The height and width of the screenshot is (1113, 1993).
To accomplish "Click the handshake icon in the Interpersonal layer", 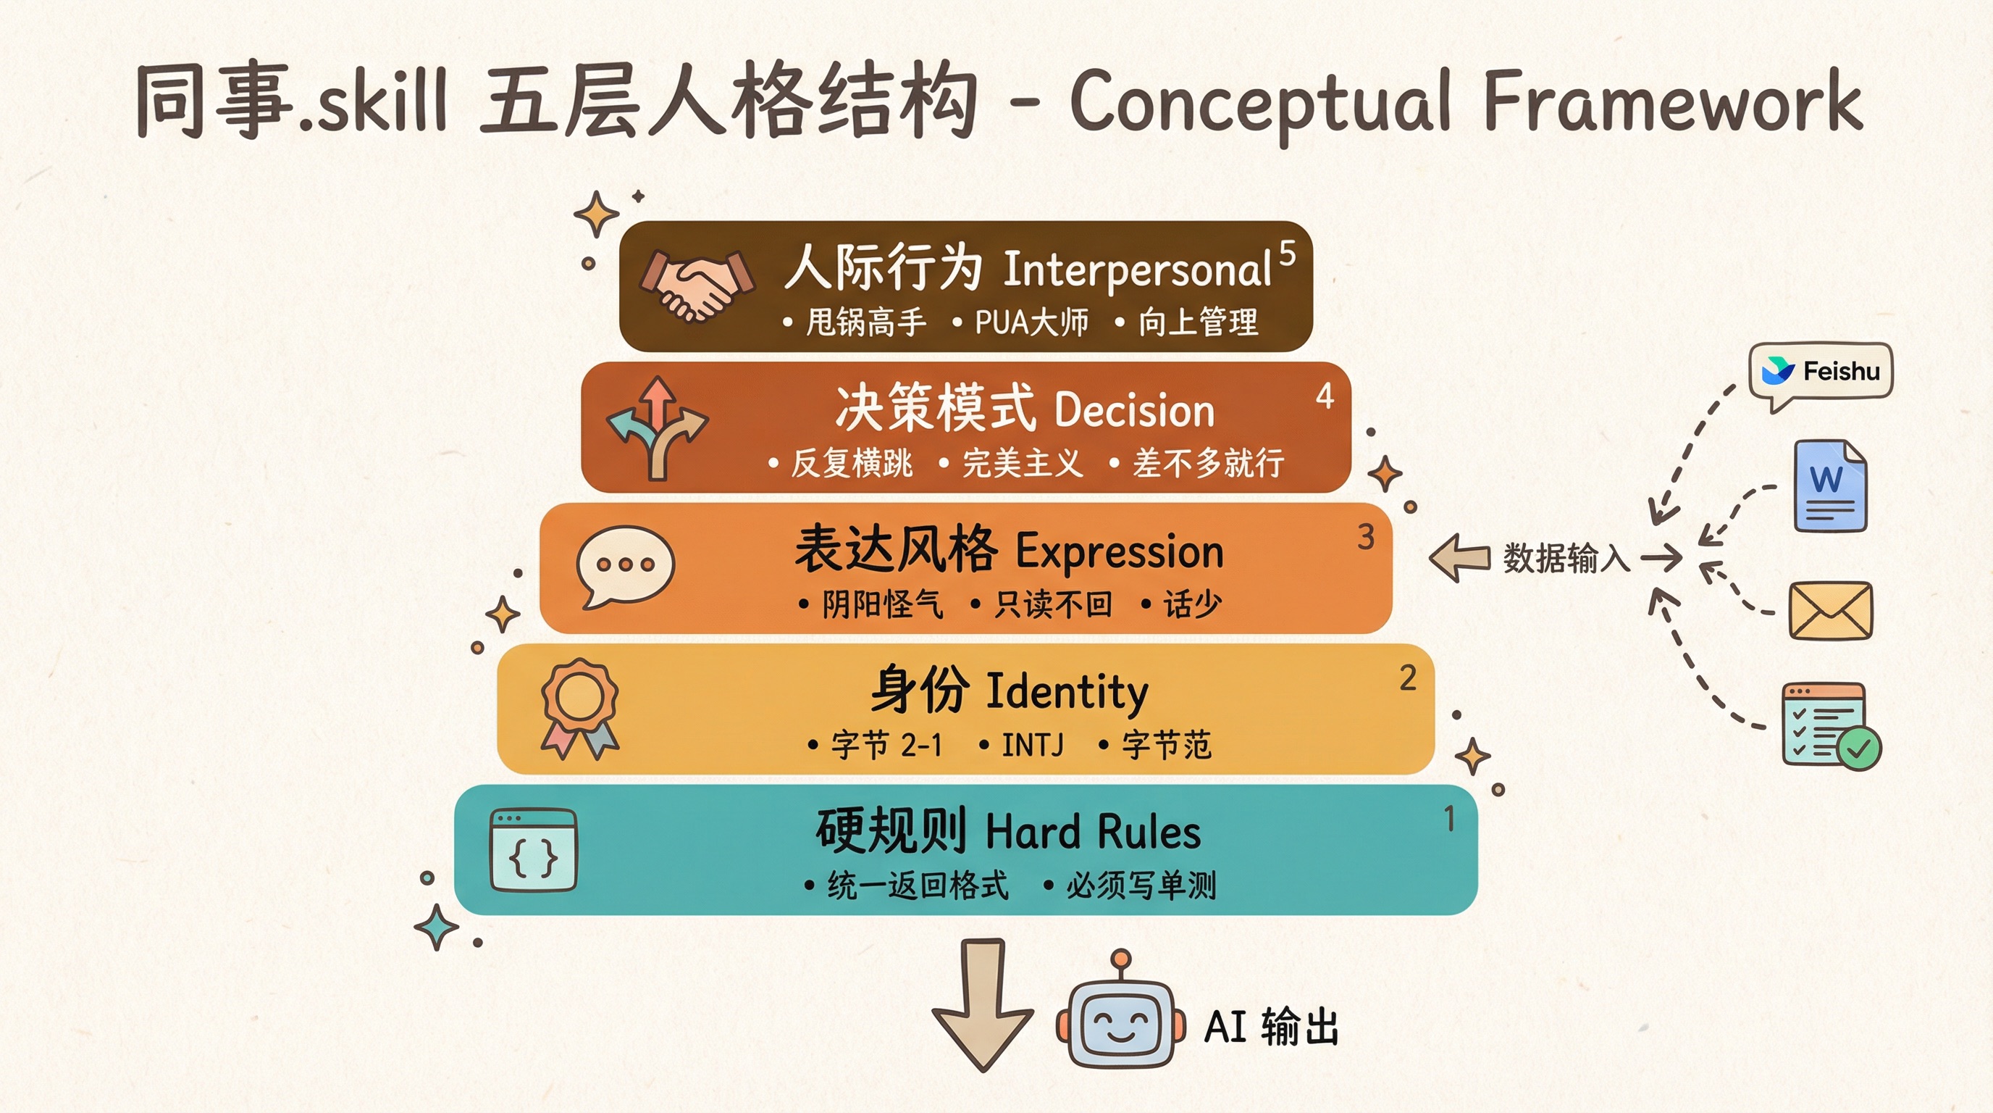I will tap(696, 285).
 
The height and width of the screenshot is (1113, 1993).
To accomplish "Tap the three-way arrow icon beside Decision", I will tap(658, 428).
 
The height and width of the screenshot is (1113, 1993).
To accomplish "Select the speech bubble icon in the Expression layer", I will tap(625, 566).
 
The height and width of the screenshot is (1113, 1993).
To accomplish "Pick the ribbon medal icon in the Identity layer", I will tap(579, 707).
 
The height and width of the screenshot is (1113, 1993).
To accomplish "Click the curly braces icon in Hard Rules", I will tap(534, 850).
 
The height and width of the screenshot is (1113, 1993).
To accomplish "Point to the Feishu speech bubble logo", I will tap(1821, 373).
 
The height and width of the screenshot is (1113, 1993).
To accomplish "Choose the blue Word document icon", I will tap(1830, 485).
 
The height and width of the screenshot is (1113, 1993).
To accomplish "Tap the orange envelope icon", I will tap(1831, 611).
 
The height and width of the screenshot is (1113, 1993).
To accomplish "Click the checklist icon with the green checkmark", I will tap(1830, 726).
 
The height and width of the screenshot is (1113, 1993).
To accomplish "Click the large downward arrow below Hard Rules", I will tap(983, 1004).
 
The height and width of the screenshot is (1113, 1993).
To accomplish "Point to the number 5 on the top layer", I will tap(1287, 253).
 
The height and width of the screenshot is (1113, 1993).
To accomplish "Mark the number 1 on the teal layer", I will tap(1449, 819).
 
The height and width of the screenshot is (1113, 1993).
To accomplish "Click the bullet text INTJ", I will tap(1032, 745).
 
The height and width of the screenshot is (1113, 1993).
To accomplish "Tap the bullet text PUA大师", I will tap(1031, 322).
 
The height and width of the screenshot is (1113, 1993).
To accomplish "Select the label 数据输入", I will tap(1566, 558).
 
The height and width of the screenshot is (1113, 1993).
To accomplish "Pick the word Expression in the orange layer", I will tap(1119, 552).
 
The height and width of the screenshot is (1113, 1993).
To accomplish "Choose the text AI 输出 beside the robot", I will tap(1271, 1027).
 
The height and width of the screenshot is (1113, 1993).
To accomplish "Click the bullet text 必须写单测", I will tap(1141, 885).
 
